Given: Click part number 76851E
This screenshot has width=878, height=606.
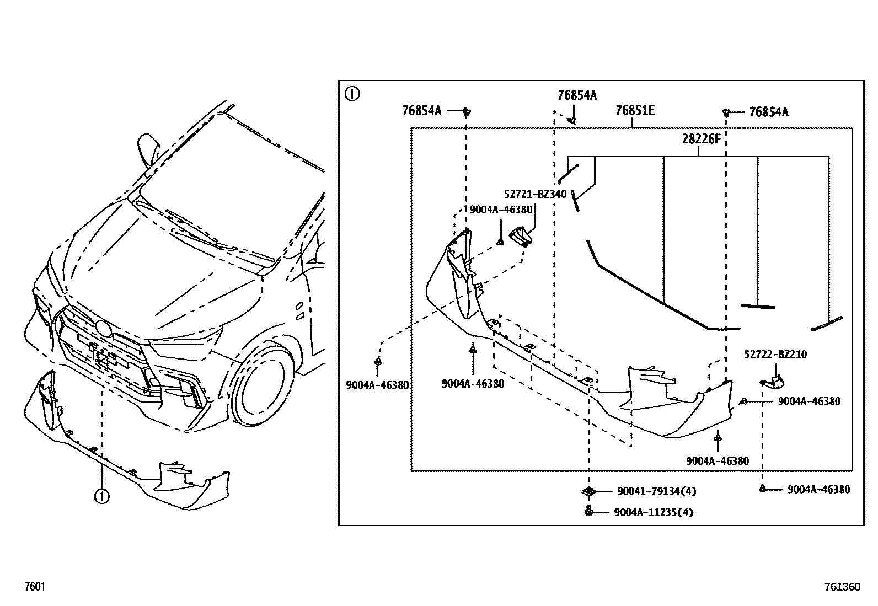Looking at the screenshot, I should point(635,111).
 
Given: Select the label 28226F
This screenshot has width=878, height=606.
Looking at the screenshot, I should point(701,139).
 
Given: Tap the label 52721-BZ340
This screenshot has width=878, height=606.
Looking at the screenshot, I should point(535,194).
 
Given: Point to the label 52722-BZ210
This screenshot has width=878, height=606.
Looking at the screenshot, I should point(775,355).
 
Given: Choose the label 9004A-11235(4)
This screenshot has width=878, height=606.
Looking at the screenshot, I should point(653,512).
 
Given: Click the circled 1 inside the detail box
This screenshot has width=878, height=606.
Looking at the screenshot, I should point(351,94).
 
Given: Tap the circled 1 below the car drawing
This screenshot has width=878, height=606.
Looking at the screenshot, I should point(102,496).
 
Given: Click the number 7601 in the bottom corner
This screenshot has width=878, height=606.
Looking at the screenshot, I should point(34,587).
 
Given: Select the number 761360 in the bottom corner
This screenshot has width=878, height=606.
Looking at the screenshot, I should point(842,587).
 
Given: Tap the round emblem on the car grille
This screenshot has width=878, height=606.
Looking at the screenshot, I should point(103,329).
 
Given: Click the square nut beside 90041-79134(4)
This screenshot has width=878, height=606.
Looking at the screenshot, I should point(588,491).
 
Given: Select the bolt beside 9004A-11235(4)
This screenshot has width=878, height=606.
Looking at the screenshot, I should point(588,511).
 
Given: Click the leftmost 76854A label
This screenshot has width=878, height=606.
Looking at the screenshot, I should point(422,111).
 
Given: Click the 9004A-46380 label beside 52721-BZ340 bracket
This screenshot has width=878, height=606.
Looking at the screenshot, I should point(501,210).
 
